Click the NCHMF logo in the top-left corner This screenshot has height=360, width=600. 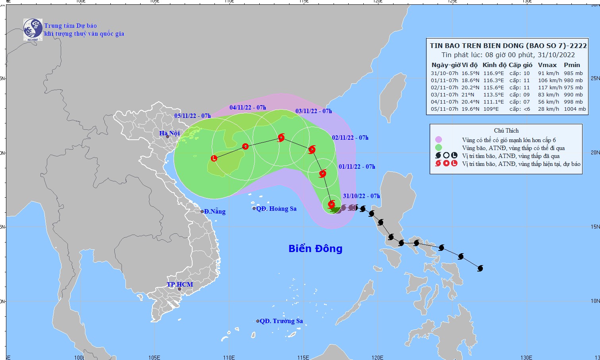click(x=33, y=29)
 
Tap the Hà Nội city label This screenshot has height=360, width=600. click(x=170, y=133)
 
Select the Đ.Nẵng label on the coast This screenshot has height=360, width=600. click(x=215, y=211)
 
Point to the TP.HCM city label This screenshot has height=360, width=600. click(x=180, y=285)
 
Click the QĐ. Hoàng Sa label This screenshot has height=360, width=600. click(x=276, y=209)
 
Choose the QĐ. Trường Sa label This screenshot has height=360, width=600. click(x=281, y=321)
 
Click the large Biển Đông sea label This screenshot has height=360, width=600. click(x=315, y=248)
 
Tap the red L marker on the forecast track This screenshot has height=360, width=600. click(x=214, y=158)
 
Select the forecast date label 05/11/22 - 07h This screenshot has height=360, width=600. click(x=193, y=116)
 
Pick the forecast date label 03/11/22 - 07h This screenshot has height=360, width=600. click(x=314, y=111)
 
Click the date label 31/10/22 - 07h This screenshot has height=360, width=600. click(x=361, y=196)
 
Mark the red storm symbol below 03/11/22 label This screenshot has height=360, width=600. click(x=282, y=138)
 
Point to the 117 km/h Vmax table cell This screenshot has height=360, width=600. click(x=549, y=88)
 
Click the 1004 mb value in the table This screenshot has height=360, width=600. click(x=575, y=109)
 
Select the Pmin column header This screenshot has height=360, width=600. click(x=572, y=65)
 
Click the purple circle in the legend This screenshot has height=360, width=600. click(x=438, y=140)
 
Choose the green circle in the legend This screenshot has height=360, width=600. click(x=438, y=148)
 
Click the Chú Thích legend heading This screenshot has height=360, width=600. click(x=506, y=131)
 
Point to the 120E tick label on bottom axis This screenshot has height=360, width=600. click(x=378, y=357)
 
